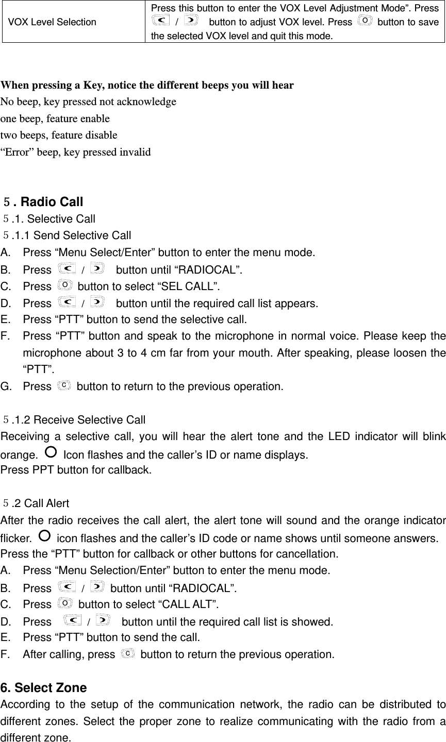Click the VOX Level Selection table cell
point(52,22)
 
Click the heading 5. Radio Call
point(43,201)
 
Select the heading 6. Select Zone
point(44,688)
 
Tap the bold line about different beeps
point(147,85)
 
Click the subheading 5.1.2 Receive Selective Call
point(75,420)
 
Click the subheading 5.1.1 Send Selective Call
point(68,235)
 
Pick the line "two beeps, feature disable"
point(59,135)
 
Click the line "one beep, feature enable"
point(55,119)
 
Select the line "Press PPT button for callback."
point(76,469)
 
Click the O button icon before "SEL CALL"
point(65,285)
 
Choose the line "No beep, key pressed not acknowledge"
point(88,102)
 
